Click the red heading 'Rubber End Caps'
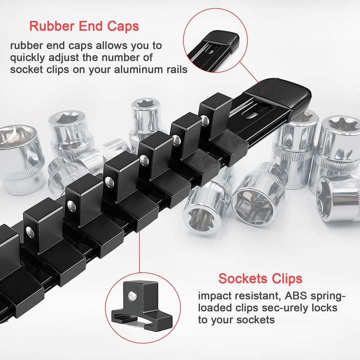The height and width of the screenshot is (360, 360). pyautogui.click(x=84, y=26)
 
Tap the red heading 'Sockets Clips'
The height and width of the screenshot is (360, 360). pyautogui.click(x=260, y=278)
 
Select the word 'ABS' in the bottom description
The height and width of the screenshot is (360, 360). pyautogui.click(x=295, y=296)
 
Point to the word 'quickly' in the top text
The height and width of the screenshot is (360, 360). pyautogui.click(x=27, y=58)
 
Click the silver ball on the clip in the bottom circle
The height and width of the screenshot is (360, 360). pyautogui.click(x=132, y=295)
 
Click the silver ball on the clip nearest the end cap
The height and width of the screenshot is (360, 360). pyautogui.click(x=205, y=120)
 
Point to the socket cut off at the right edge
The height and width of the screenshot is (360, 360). pyautogui.click(x=338, y=198)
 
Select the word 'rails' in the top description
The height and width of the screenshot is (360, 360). pyautogui.click(x=177, y=69)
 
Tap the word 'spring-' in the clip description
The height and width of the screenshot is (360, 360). pyautogui.click(x=328, y=296)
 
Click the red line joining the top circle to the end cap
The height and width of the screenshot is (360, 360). pyautogui.click(x=250, y=73)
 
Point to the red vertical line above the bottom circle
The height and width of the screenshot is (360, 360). pyautogui.click(x=139, y=252)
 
